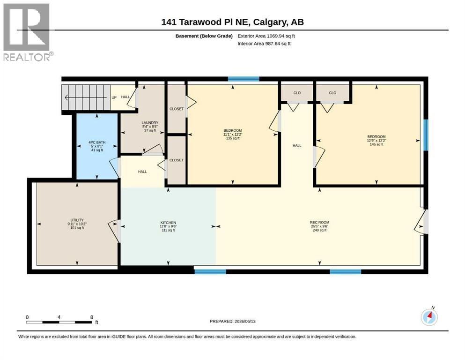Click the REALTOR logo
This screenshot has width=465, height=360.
pyautogui.click(x=28, y=32)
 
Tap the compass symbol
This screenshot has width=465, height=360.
pyautogui.click(x=429, y=316)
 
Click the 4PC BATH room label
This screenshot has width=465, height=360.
pyautogui.click(x=97, y=146)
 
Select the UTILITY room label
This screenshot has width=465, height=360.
pyautogui.click(x=77, y=224)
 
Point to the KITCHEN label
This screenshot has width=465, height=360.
pyautogui.click(x=168, y=226)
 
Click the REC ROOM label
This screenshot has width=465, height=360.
pyautogui.click(x=319, y=226)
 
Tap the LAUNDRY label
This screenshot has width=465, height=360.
pyautogui.click(x=150, y=127)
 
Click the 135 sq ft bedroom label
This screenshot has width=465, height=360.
pyautogui.click(x=233, y=134)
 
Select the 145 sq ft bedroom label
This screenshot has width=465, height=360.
pyautogui.click(x=376, y=140)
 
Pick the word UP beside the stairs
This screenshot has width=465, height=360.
pyautogui.click(x=114, y=97)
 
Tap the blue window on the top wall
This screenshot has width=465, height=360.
pyautogui.click(x=244, y=79)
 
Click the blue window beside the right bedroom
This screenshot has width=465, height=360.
pyautogui.click(x=426, y=135)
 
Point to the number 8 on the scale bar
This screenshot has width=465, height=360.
pyautogui.click(x=92, y=317)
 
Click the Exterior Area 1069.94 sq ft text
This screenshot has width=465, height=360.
pyautogui.click(x=266, y=36)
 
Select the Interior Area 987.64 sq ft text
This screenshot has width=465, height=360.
pyautogui.click(x=264, y=44)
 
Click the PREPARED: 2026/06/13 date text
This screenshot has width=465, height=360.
pyautogui.click(x=232, y=321)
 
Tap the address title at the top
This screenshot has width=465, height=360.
pyautogui.click(x=232, y=22)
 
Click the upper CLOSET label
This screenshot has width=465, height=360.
pyautogui.click(x=177, y=109)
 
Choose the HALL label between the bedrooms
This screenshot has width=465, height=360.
pyautogui.click(x=297, y=145)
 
